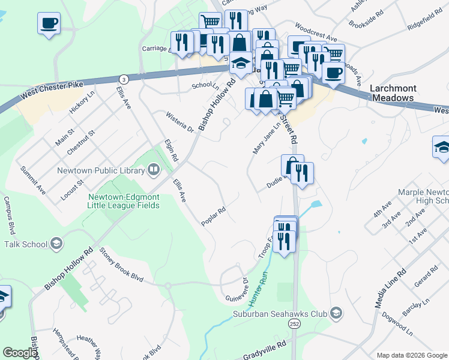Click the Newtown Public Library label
(x=100, y=170)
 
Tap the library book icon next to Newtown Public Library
(x=154, y=170)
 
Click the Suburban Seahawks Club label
(x=280, y=314)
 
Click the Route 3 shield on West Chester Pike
(x=123, y=79)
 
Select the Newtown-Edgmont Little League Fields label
(x=124, y=201)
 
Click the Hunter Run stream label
(x=258, y=289)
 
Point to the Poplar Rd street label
(x=213, y=217)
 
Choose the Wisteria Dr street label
(x=180, y=122)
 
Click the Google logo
(x=20, y=353)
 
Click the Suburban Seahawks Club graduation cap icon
(x=336, y=313)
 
